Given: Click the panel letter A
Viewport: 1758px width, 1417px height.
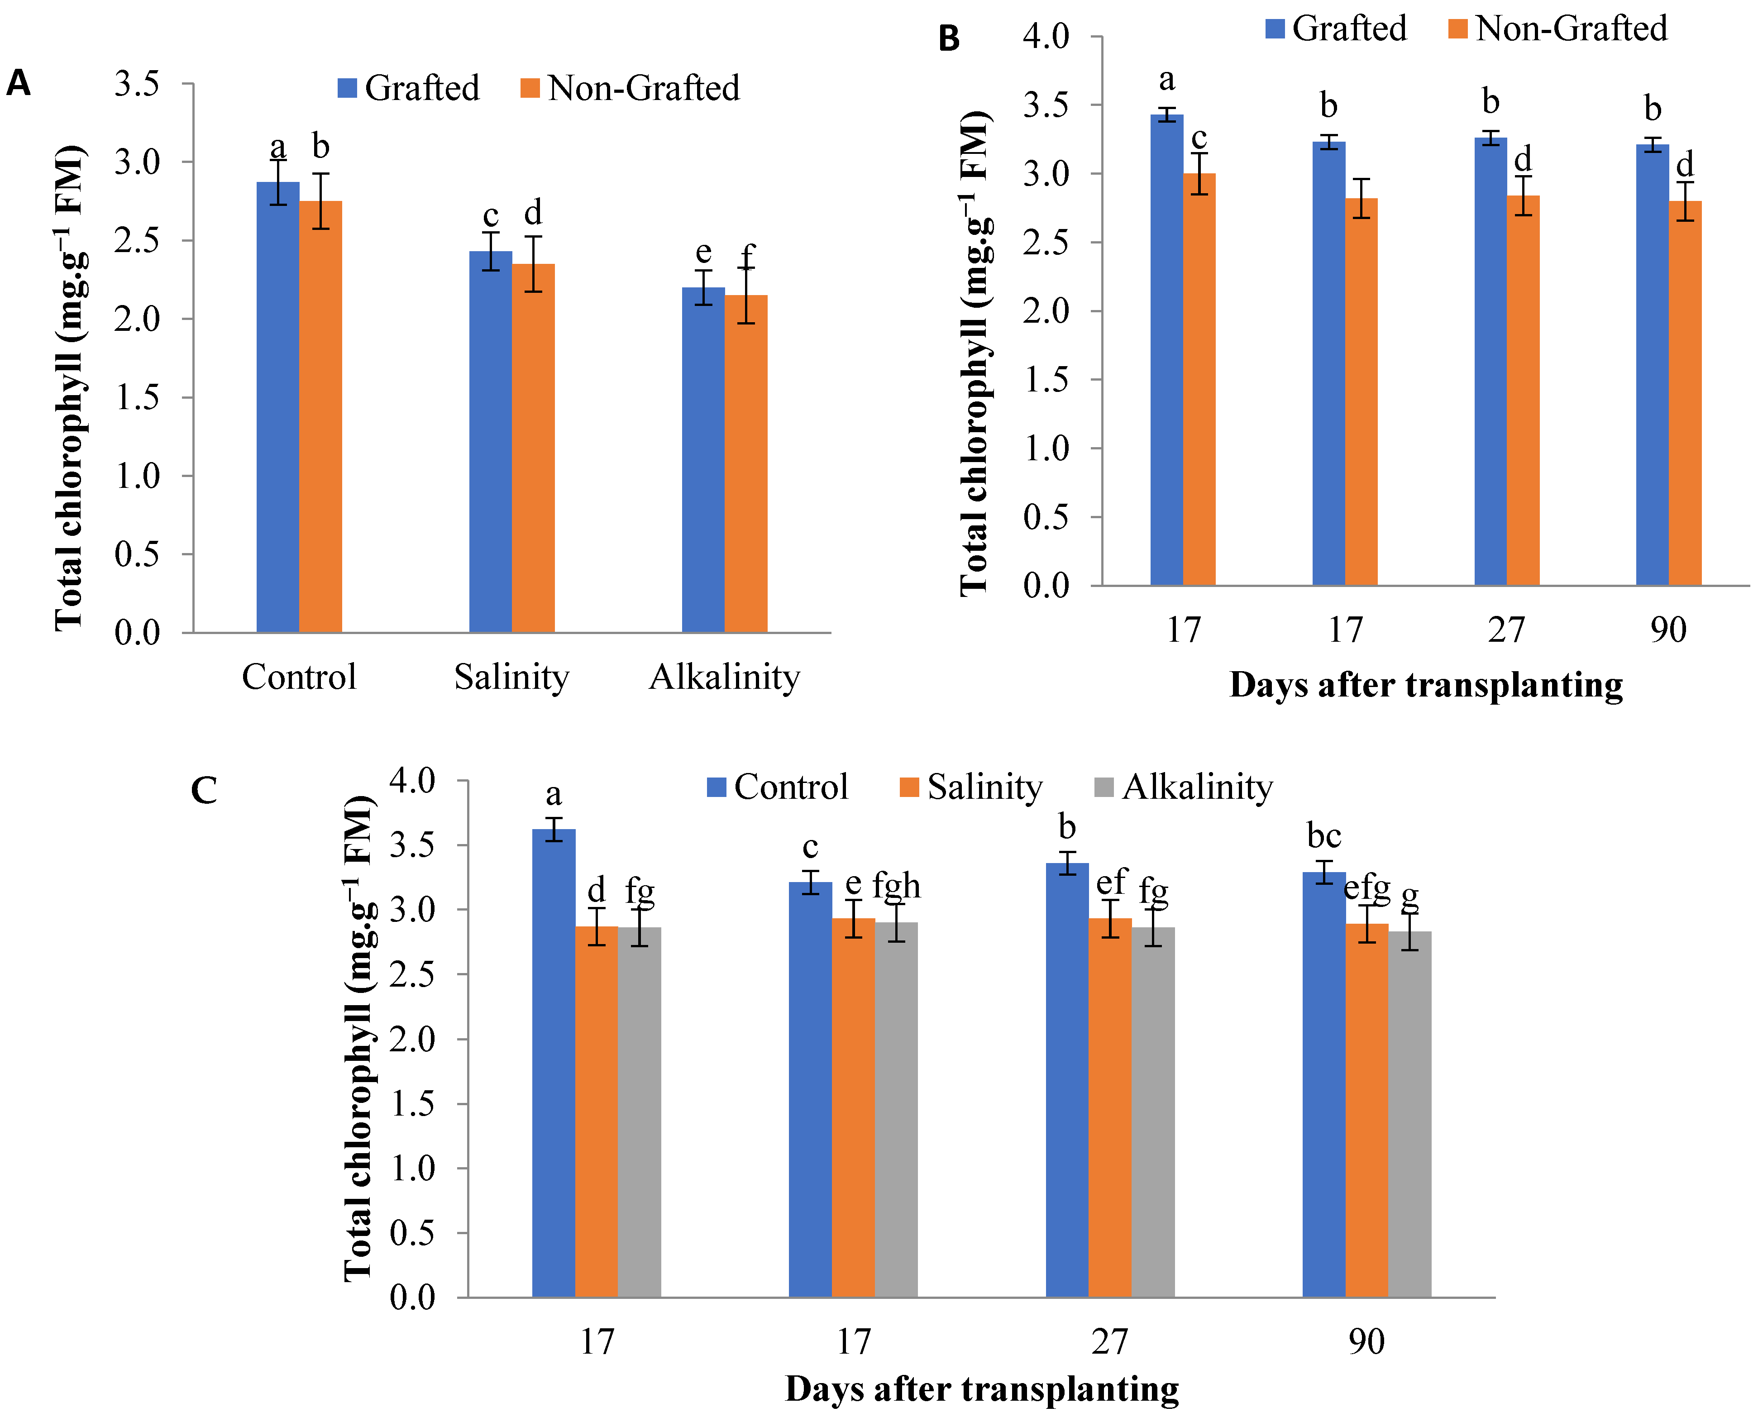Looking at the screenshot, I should coord(18,83).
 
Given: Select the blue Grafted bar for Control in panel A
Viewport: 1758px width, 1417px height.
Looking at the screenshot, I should coord(277,408).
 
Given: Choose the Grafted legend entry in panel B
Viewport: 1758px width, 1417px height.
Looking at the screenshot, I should coord(1336,29).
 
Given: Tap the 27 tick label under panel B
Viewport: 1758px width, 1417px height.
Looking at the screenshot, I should coord(1507,630).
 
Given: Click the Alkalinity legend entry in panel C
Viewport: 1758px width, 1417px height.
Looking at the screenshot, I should coord(1184,787).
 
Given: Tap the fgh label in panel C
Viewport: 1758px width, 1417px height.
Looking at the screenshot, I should coord(896,886).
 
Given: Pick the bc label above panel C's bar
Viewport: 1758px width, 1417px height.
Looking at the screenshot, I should coord(1324,836).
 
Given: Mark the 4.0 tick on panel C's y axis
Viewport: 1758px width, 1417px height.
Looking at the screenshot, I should coord(413,781).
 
